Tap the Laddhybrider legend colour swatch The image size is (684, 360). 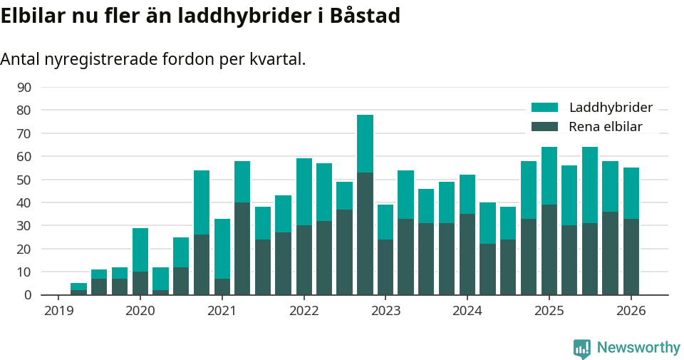pyautogui.click(x=544, y=108)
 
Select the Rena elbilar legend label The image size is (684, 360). pyautogui.click(x=606, y=127)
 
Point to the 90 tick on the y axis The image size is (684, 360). pyautogui.click(x=24, y=87)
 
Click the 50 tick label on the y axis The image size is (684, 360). pyautogui.click(x=24, y=180)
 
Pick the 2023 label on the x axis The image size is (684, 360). pyautogui.click(x=385, y=311)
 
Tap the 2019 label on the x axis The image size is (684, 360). pyautogui.click(x=59, y=311)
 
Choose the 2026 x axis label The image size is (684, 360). pyautogui.click(x=631, y=311)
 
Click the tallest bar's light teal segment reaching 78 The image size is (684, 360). pyautogui.click(x=365, y=143)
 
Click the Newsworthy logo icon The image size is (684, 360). pyautogui.click(x=582, y=348)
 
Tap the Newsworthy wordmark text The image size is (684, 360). pyautogui.click(x=638, y=348)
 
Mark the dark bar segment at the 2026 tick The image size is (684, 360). pyautogui.click(x=631, y=257)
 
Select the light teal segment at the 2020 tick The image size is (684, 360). pyautogui.click(x=140, y=250)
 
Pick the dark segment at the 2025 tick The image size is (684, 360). pyautogui.click(x=549, y=250)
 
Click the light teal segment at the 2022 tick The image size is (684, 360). pyautogui.click(x=304, y=192)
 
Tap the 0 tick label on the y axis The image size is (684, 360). pyautogui.click(x=28, y=295)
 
